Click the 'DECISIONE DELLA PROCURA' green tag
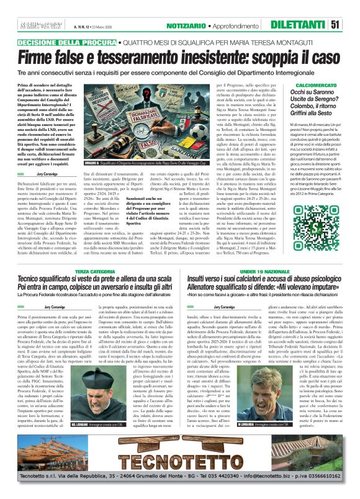[x=68, y=42]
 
